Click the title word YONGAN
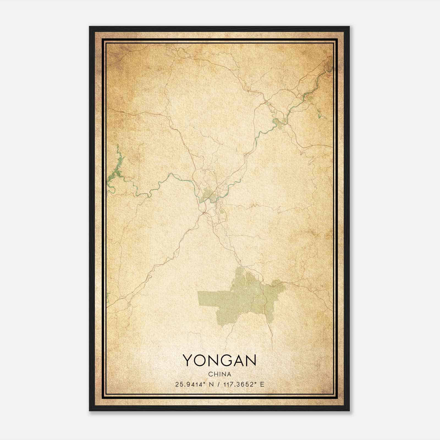[219, 360]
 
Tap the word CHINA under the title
[219, 374]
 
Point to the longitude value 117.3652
[238, 384]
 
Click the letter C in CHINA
[210, 374]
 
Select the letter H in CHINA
[215, 374]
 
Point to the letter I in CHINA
[219, 374]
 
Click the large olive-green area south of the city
[242, 297]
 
